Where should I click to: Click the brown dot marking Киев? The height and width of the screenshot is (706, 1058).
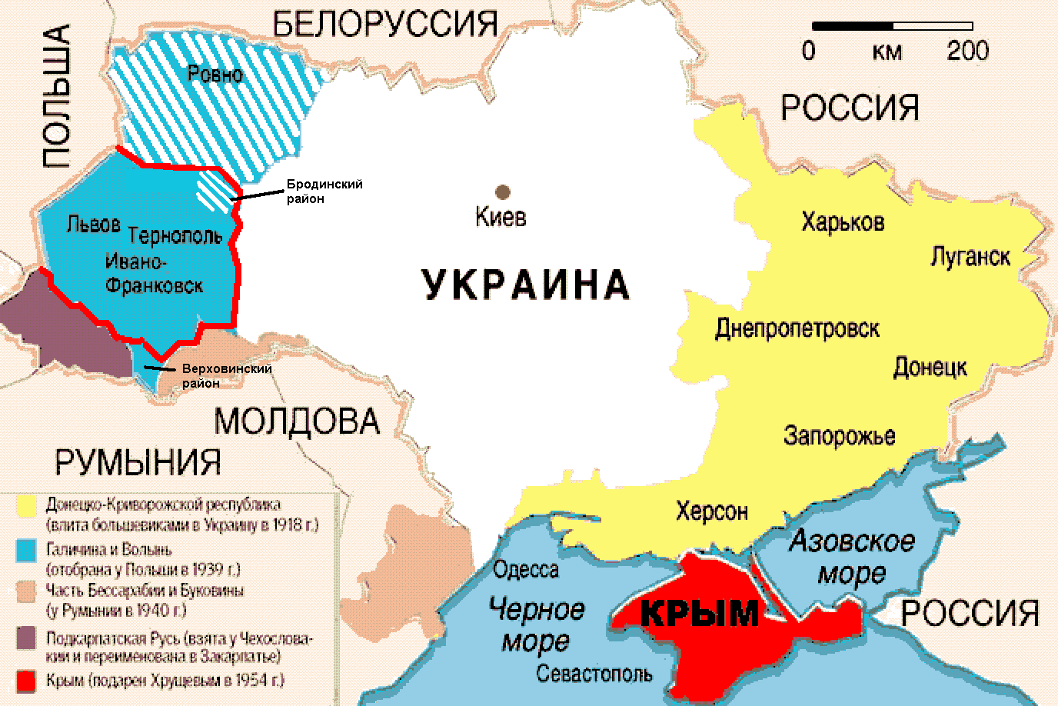(x=502, y=191)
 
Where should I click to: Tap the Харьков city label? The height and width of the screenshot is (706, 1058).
(x=843, y=222)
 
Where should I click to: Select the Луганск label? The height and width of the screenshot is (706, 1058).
(x=970, y=255)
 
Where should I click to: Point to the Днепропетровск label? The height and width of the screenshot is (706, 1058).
(x=797, y=329)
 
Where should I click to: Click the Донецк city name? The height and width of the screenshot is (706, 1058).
(x=930, y=366)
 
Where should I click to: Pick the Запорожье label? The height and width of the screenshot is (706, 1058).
(x=840, y=436)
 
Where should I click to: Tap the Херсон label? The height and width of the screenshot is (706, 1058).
(x=712, y=511)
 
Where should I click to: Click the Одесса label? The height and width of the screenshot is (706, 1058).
(x=526, y=570)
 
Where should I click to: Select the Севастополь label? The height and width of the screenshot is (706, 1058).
(x=594, y=674)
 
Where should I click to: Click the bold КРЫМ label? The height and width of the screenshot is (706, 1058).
(x=699, y=614)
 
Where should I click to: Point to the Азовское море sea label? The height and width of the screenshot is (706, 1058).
(x=852, y=556)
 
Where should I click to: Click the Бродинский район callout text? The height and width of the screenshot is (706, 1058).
(x=324, y=191)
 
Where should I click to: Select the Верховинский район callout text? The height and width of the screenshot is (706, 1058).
(x=227, y=376)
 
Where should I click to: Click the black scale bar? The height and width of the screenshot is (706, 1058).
(x=890, y=26)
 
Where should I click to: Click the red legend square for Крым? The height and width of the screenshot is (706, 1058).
(x=27, y=681)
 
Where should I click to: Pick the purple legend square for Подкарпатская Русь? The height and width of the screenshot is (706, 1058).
(x=27, y=638)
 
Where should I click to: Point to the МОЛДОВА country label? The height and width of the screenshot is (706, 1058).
(x=297, y=421)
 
